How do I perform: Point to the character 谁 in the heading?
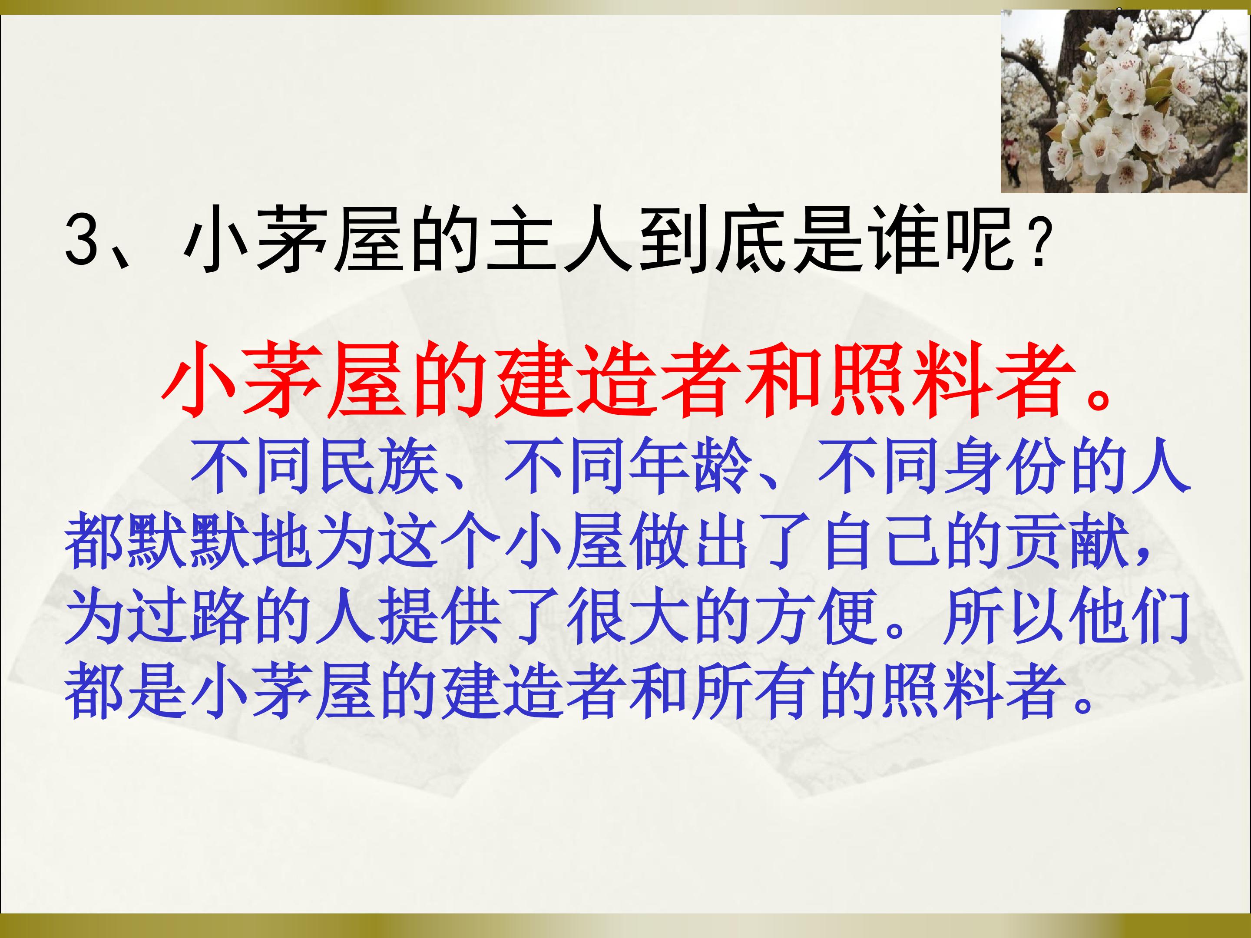click(906, 240)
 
